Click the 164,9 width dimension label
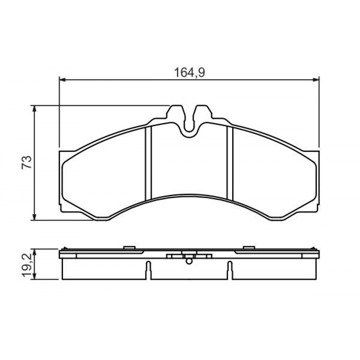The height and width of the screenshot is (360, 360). coord(189,73)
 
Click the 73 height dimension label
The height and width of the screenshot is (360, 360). coord(27,162)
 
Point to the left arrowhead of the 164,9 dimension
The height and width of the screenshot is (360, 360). coord(62,80)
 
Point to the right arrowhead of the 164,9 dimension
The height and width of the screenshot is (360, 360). coord(316,80)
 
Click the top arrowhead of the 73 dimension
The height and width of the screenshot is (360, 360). coord(35,109)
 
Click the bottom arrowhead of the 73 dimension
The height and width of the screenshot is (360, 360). coord(35,217)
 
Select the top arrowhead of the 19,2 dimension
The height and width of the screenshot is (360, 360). coord(35,252)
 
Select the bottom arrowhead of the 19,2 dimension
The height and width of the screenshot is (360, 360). coord(35,276)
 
